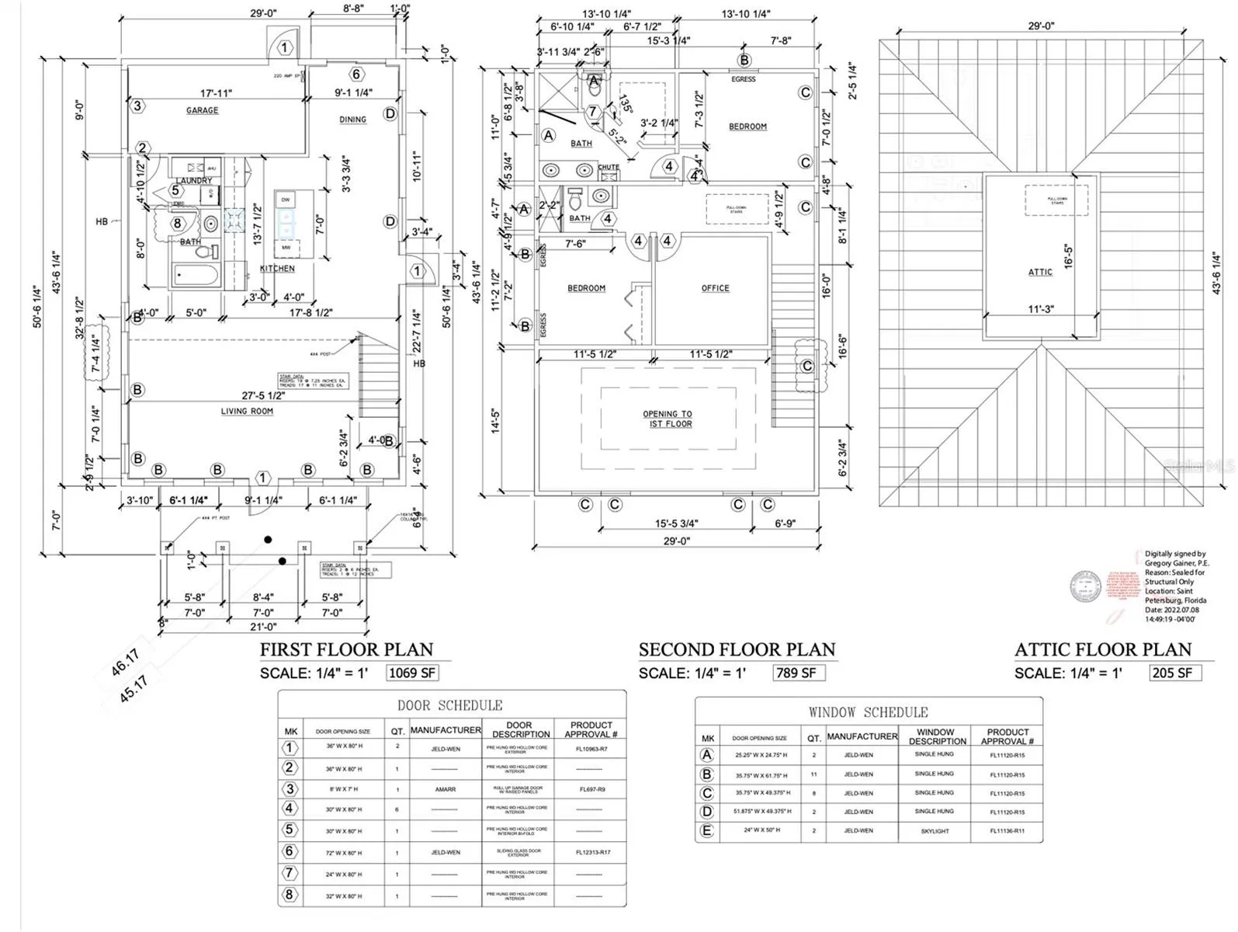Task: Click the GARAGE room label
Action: [202, 110]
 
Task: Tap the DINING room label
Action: [352, 120]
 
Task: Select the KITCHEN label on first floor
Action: [277, 269]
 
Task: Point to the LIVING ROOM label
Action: [247, 411]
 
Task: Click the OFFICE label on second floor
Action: [715, 288]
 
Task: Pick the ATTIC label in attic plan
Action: [1040, 272]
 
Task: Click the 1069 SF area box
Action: [412, 673]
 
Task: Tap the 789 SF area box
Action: [797, 673]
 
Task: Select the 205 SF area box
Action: [1174, 673]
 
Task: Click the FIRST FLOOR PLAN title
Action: [346, 649]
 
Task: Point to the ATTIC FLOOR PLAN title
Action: [1102, 649]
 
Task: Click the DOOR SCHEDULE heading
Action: [449, 705]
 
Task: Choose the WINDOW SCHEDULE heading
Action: [868, 712]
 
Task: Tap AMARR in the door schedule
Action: [446, 789]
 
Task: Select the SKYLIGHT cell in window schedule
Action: [935, 831]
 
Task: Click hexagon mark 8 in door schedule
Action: [290, 895]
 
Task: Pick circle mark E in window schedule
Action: [706, 830]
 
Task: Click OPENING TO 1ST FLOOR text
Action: [668, 419]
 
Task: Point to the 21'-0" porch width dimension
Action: [263, 627]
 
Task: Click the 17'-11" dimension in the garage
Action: [216, 93]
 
